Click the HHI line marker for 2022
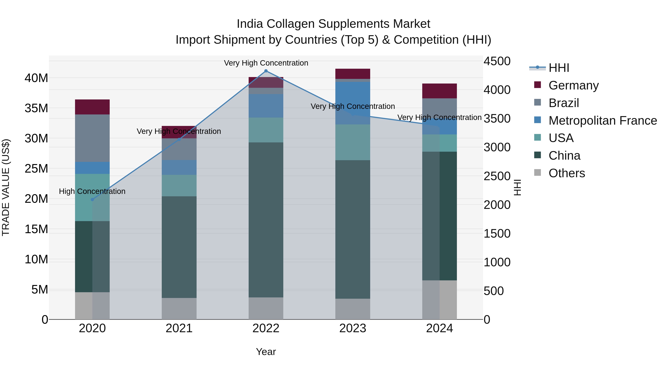[x=266, y=71]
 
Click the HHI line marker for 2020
[x=92, y=199]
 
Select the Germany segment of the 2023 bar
[x=352, y=74]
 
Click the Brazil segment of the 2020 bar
[x=92, y=138]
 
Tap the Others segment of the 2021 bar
[x=179, y=309]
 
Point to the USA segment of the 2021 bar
[x=179, y=185]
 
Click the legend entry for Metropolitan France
[x=603, y=121]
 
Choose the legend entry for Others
[x=567, y=173]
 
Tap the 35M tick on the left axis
[x=36, y=108]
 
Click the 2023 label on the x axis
[x=352, y=328]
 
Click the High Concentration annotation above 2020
[x=92, y=191]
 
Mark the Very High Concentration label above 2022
[x=266, y=63]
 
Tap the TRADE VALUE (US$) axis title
[x=6, y=187]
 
